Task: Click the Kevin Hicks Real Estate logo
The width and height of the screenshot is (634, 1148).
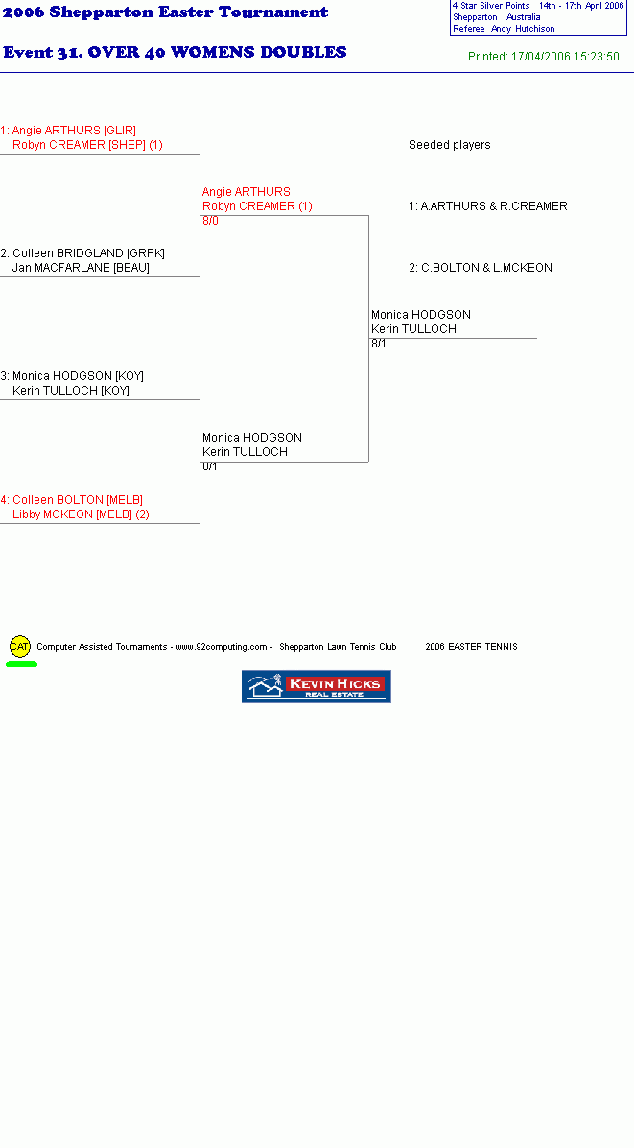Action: point(316,686)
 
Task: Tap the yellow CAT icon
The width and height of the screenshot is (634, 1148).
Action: point(20,647)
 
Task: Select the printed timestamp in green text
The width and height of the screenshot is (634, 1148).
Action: point(543,57)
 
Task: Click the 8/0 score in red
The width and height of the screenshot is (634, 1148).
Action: point(211,221)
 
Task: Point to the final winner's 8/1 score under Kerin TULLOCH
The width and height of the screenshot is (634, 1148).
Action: point(379,344)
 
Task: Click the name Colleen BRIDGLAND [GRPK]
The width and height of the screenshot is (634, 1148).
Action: point(88,253)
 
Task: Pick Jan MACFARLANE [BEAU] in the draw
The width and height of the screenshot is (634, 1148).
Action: point(81,268)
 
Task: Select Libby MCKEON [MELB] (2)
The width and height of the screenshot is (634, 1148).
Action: point(81,514)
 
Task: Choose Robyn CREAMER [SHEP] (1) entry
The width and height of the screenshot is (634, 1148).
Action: point(87,145)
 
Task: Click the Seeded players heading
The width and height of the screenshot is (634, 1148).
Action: point(450,145)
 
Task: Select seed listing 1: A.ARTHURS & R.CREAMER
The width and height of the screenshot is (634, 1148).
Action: point(488,206)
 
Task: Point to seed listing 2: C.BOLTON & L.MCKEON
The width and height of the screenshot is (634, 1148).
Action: point(481,268)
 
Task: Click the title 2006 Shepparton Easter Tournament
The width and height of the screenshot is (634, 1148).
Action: point(166,12)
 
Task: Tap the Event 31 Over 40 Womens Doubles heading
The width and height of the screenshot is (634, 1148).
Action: point(175,53)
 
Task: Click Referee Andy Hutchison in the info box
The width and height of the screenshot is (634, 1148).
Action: point(504,30)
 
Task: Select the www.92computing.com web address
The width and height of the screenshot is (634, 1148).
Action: point(222,647)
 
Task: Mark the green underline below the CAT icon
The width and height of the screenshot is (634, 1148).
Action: point(21,664)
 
